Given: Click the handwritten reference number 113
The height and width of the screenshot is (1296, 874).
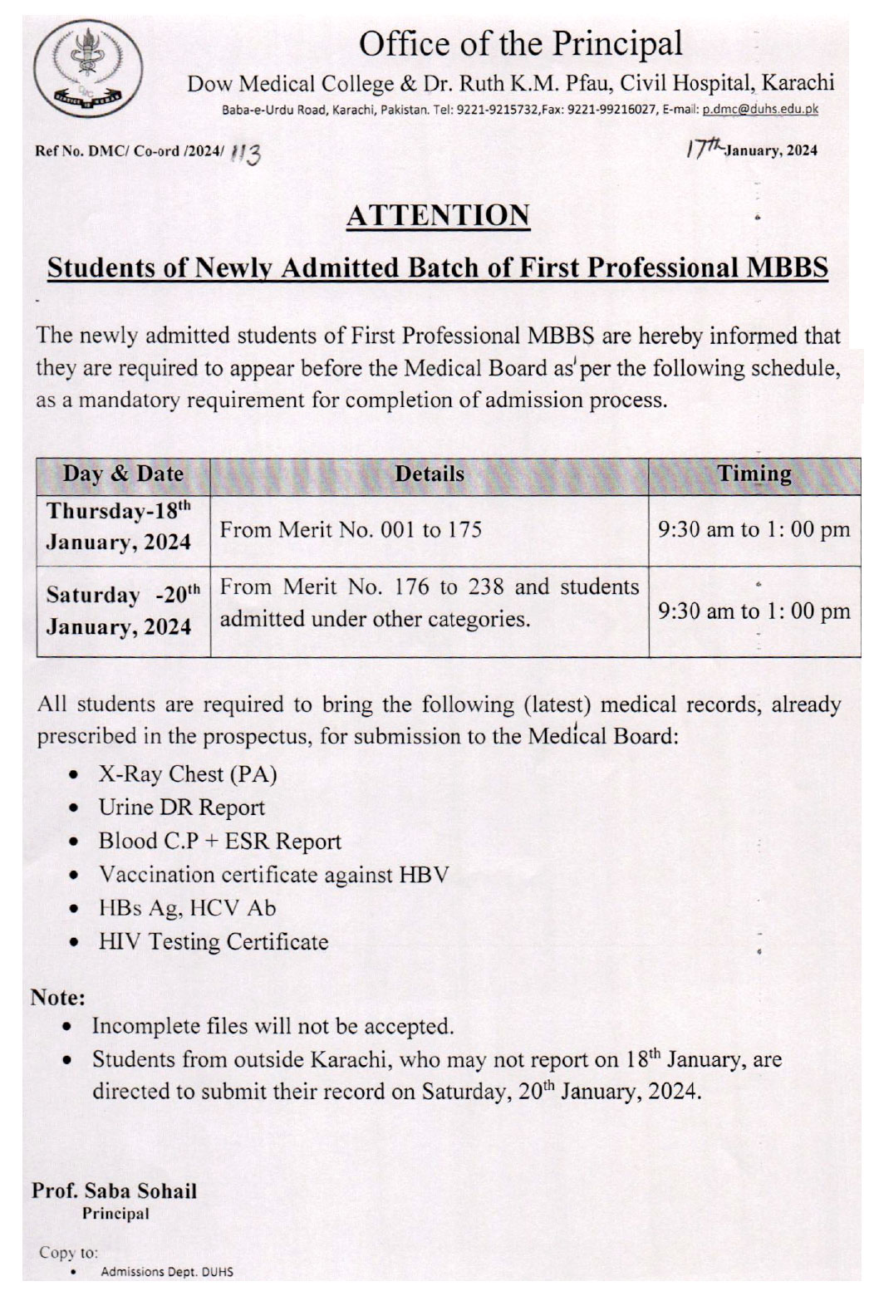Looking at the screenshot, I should click(x=248, y=152).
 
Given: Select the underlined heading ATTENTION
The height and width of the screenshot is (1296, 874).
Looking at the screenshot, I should click(x=438, y=215).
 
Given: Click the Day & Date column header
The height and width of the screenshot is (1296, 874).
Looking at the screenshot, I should click(x=123, y=474).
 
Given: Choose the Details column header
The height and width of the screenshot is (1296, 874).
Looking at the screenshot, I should click(x=429, y=474).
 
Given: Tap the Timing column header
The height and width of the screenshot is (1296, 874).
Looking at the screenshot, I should click(x=754, y=474).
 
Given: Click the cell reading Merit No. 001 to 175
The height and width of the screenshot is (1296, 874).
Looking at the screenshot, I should click(x=351, y=529).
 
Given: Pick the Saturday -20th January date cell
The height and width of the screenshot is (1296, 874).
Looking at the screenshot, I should click(x=123, y=611).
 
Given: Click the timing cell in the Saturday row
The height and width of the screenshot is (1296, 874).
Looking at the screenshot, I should click(x=754, y=611).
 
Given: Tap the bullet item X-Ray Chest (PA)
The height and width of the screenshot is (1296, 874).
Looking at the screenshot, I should click(x=187, y=774).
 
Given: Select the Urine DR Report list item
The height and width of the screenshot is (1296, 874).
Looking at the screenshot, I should click(x=181, y=808).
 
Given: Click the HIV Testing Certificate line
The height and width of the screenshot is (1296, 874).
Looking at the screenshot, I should click(x=213, y=942).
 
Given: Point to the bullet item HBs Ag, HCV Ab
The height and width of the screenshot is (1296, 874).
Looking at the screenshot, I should click(x=187, y=908).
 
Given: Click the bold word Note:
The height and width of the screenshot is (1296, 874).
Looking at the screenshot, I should click(x=58, y=996).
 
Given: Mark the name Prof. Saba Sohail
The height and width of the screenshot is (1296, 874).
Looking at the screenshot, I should click(x=115, y=1190).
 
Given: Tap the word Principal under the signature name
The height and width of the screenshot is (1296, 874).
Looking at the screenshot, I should click(x=115, y=1214).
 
